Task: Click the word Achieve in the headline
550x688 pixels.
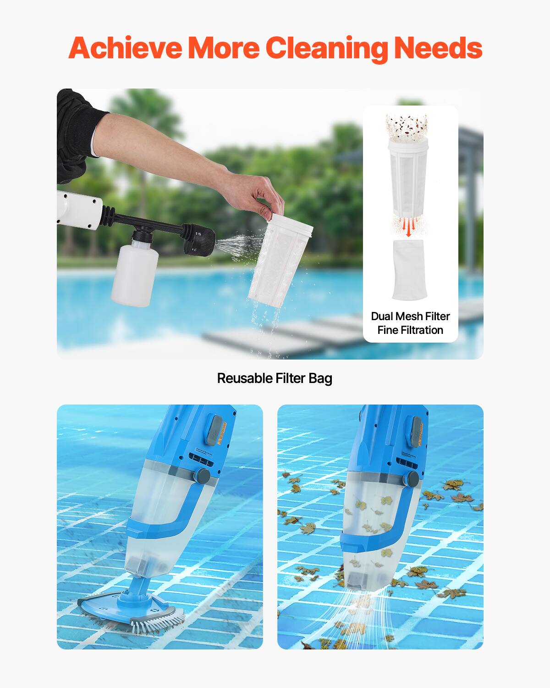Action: (125, 48)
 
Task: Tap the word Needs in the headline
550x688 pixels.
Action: (438, 48)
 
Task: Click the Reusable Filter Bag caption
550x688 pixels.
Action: (275, 378)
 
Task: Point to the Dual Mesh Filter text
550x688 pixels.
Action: (410, 316)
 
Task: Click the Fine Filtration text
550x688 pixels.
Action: (410, 330)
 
